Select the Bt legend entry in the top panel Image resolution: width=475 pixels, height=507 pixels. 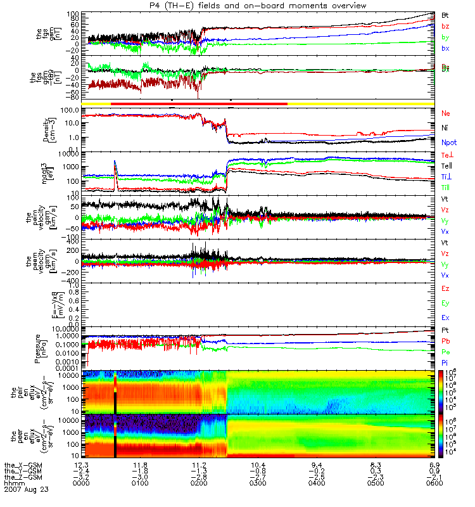pyautogui.click(x=446, y=14)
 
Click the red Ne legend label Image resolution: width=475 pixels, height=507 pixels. pyautogui.click(x=446, y=113)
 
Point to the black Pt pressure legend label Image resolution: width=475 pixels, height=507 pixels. pyautogui.click(x=445, y=331)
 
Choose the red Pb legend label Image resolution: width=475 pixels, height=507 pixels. pyautogui.click(x=446, y=342)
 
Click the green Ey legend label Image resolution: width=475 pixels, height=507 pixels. pyautogui.click(x=446, y=303)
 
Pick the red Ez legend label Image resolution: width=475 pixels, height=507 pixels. pyautogui.click(x=446, y=288)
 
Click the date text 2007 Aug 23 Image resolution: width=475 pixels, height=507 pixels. pyautogui.click(x=25, y=489)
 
